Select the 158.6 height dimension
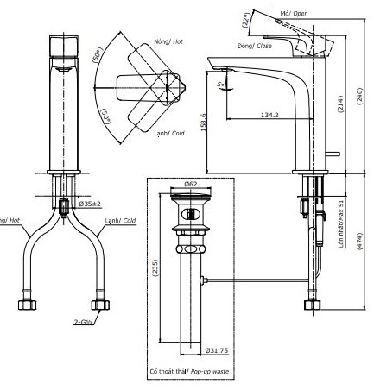[x=202, y=123]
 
